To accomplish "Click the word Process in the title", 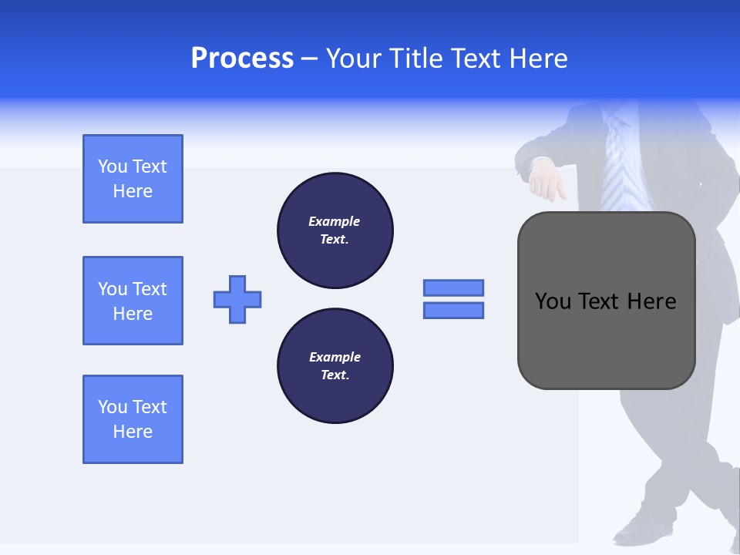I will tap(242, 59).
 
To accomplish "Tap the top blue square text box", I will tap(133, 179).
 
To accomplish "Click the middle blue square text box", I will tap(133, 301).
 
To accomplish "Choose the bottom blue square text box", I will tap(133, 419).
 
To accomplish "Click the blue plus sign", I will tap(237, 299).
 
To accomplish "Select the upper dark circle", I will tap(335, 230).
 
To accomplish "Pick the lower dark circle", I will tap(335, 366).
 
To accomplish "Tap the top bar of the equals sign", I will tap(453, 288).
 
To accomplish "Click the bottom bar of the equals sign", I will tap(453, 311).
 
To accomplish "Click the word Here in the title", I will tap(537, 59).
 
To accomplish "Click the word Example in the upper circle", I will tap(335, 221).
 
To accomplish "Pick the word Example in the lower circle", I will tap(335, 357).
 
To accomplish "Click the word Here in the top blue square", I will tap(133, 191).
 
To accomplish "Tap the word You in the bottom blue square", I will tap(112, 407).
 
